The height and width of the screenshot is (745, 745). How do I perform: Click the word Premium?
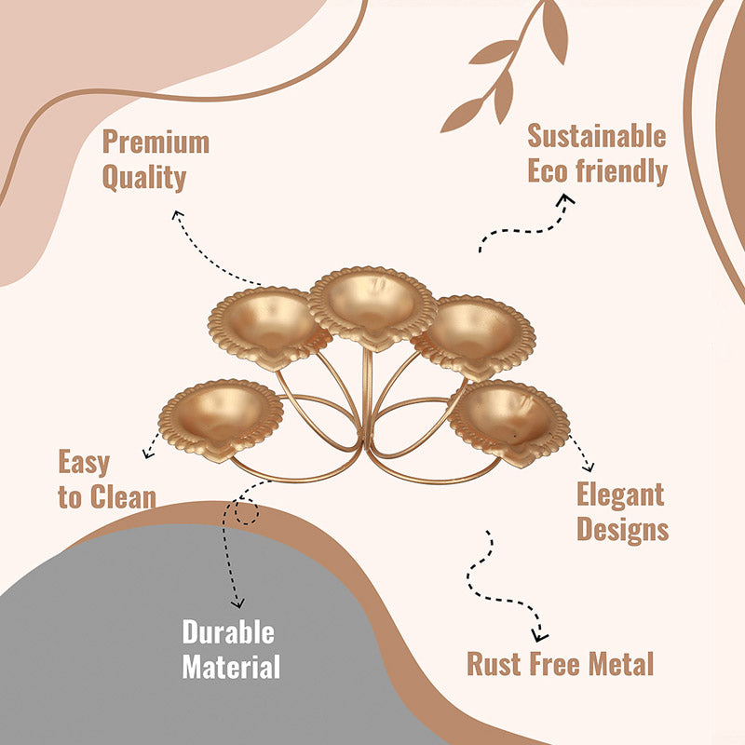point(156,142)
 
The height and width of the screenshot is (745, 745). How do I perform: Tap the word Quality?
point(144,178)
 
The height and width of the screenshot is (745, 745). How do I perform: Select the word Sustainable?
point(597,136)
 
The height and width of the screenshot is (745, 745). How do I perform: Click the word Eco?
point(549,170)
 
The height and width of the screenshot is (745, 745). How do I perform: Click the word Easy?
point(84,462)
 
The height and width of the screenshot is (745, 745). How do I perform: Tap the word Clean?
point(123,497)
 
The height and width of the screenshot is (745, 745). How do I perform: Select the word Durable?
point(228,632)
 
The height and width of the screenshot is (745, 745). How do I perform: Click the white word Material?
point(231,667)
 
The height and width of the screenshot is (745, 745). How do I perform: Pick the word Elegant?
point(620,494)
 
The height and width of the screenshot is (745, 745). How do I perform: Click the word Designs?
point(622,530)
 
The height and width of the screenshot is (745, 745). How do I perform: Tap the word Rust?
point(494,663)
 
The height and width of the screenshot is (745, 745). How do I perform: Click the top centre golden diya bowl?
point(372,306)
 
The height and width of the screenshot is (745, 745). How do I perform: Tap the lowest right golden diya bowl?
point(508,421)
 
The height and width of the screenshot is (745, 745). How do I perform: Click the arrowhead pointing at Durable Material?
point(237,603)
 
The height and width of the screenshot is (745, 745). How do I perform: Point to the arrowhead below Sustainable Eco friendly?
point(566,198)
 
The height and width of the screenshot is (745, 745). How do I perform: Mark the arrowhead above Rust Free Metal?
point(539,636)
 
